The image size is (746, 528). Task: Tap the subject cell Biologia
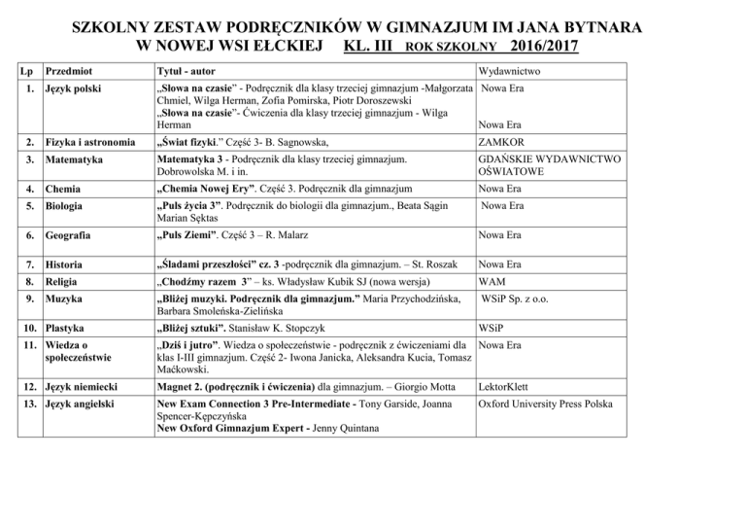pos(69,206)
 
